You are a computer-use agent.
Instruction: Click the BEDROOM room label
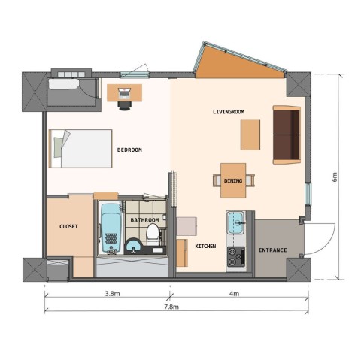point(129,150)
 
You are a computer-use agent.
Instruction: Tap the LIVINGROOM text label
point(229,112)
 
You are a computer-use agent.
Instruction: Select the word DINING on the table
point(233,180)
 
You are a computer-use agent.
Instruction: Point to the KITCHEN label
point(206,247)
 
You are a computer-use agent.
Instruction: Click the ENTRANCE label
point(272,250)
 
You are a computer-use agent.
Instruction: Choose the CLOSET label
point(69,225)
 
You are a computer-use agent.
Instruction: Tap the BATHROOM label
point(144,220)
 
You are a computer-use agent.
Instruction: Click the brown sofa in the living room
point(287,135)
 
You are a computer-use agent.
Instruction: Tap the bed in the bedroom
point(80,148)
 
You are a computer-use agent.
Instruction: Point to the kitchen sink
point(236,222)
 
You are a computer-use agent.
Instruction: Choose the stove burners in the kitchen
point(236,256)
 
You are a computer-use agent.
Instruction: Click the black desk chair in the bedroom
point(125,104)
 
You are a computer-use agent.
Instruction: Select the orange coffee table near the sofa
point(250,136)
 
